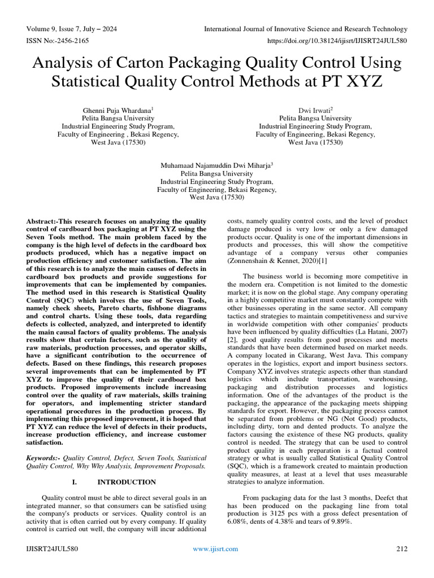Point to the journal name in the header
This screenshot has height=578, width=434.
(305, 29)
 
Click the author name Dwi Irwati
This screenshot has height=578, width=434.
(314, 110)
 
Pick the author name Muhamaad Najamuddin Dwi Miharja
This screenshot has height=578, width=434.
(216, 165)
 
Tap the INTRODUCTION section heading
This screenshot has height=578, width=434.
(127, 482)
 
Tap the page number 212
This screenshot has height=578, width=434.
(401, 549)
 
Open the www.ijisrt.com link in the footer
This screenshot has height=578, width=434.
(215, 549)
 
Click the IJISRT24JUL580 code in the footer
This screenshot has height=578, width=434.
(52, 549)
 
